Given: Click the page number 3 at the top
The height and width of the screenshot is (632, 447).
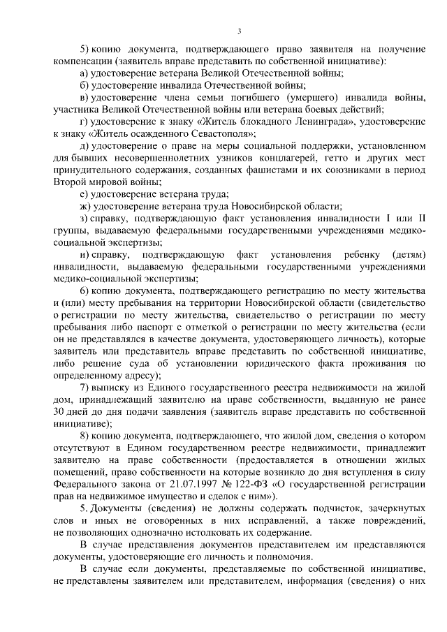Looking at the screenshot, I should click(x=240, y=31).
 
